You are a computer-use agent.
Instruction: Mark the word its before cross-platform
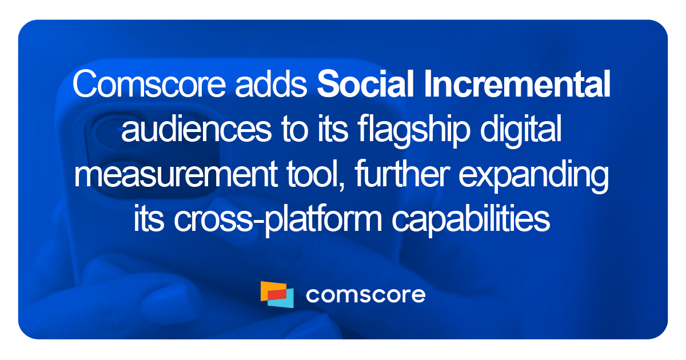[149, 219]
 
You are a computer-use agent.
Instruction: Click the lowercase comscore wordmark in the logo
[365, 295]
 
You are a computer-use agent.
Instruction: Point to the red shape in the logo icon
[277, 294]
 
